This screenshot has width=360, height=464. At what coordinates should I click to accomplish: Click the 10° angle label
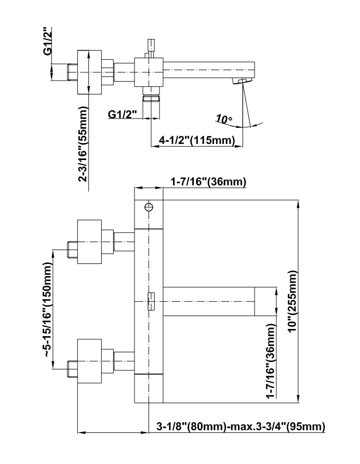[x=224, y=120]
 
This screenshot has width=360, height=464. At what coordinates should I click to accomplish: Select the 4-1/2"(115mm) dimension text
[x=197, y=140]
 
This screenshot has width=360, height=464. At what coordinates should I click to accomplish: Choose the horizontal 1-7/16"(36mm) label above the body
[x=208, y=182]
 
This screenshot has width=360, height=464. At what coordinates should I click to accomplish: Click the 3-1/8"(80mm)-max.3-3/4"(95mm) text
[x=241, y=427]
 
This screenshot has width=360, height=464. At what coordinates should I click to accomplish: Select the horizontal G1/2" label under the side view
[x=123, y=114]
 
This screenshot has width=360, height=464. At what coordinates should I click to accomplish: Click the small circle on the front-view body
[x=149, y=207]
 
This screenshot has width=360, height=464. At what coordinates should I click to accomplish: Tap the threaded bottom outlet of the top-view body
[x=150, y=98]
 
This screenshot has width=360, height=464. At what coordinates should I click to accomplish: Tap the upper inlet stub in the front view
[x=72, y=249]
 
